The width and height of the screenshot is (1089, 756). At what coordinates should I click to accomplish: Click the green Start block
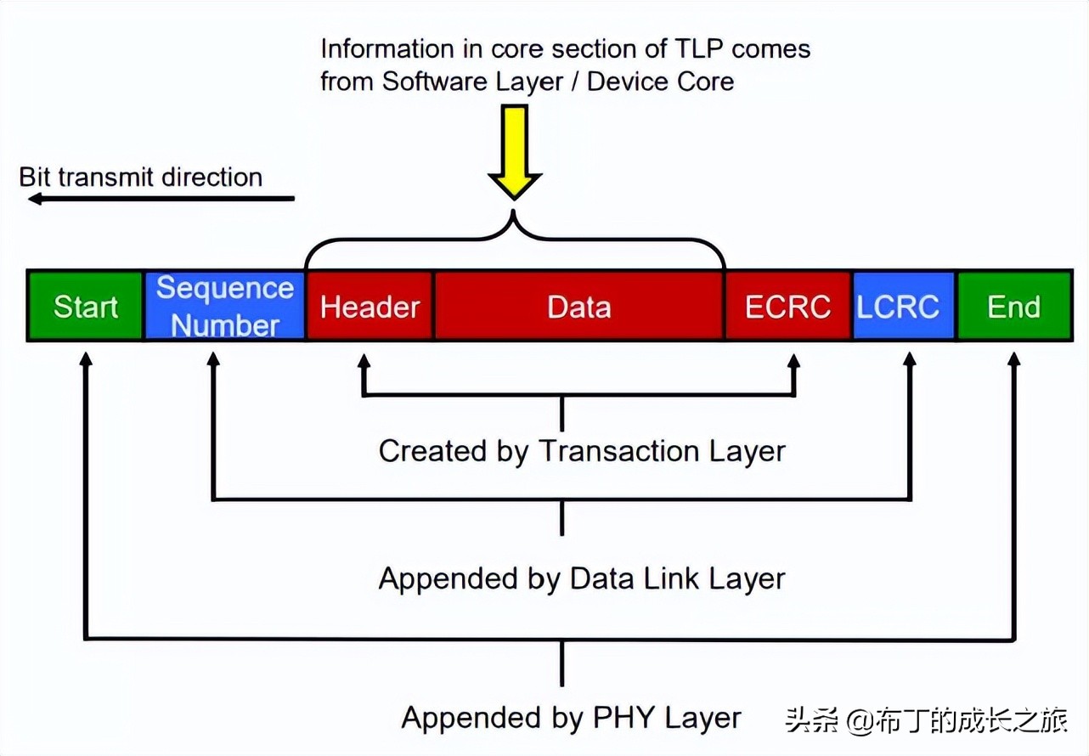(85, 307)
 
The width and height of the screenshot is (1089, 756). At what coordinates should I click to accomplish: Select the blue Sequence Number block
(225, 307)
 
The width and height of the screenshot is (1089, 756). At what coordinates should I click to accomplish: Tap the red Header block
(370, 307)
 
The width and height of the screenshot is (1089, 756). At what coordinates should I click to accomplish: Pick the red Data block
(579, 307)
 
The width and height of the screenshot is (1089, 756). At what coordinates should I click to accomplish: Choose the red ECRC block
(787, 307)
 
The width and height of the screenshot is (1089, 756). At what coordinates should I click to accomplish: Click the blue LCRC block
(904, 307)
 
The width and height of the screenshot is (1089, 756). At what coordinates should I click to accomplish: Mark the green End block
(1014, 307)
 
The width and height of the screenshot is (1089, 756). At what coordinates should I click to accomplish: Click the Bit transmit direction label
(141, 178)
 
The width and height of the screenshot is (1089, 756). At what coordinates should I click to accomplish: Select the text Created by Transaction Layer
(582, 451)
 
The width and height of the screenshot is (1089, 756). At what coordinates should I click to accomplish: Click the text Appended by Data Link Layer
(582, 579)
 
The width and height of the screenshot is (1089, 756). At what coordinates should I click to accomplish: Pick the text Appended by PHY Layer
(572, 718)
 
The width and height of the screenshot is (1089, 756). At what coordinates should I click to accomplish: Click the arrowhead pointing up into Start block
(84, 358)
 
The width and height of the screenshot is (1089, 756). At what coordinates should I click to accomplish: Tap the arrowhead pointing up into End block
(1014, 358)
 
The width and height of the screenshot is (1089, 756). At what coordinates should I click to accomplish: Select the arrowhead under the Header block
(364, 358)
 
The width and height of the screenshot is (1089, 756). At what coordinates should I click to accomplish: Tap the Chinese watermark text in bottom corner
(926, 720)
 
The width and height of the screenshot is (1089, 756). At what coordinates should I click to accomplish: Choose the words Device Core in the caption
(661, 82)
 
